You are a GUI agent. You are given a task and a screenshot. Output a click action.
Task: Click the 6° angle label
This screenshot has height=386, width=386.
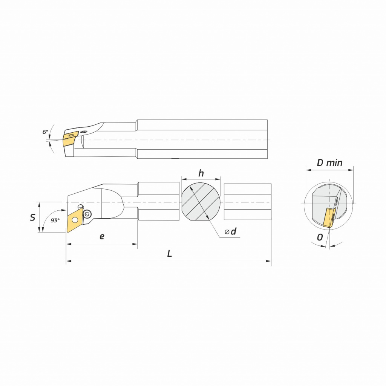point(45,132)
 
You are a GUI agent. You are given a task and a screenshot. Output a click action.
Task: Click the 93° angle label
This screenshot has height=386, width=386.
point(55,220)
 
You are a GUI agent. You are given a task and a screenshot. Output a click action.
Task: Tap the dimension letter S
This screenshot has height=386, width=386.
point(32,218)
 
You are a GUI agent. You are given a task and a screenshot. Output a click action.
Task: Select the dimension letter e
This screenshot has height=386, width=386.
point(102,237)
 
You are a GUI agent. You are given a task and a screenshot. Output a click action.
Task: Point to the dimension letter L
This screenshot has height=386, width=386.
point(169,254)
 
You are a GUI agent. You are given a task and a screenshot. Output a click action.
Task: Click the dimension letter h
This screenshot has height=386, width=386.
point(201,173)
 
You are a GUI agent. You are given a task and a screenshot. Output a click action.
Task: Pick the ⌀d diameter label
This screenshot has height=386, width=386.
point(231,231)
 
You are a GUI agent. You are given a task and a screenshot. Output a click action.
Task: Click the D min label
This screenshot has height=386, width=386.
point(329,163)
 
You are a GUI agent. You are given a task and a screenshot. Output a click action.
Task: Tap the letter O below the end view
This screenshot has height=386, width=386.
point(320,237)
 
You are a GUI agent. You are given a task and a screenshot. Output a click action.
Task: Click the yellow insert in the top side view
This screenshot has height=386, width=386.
point(70,139)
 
